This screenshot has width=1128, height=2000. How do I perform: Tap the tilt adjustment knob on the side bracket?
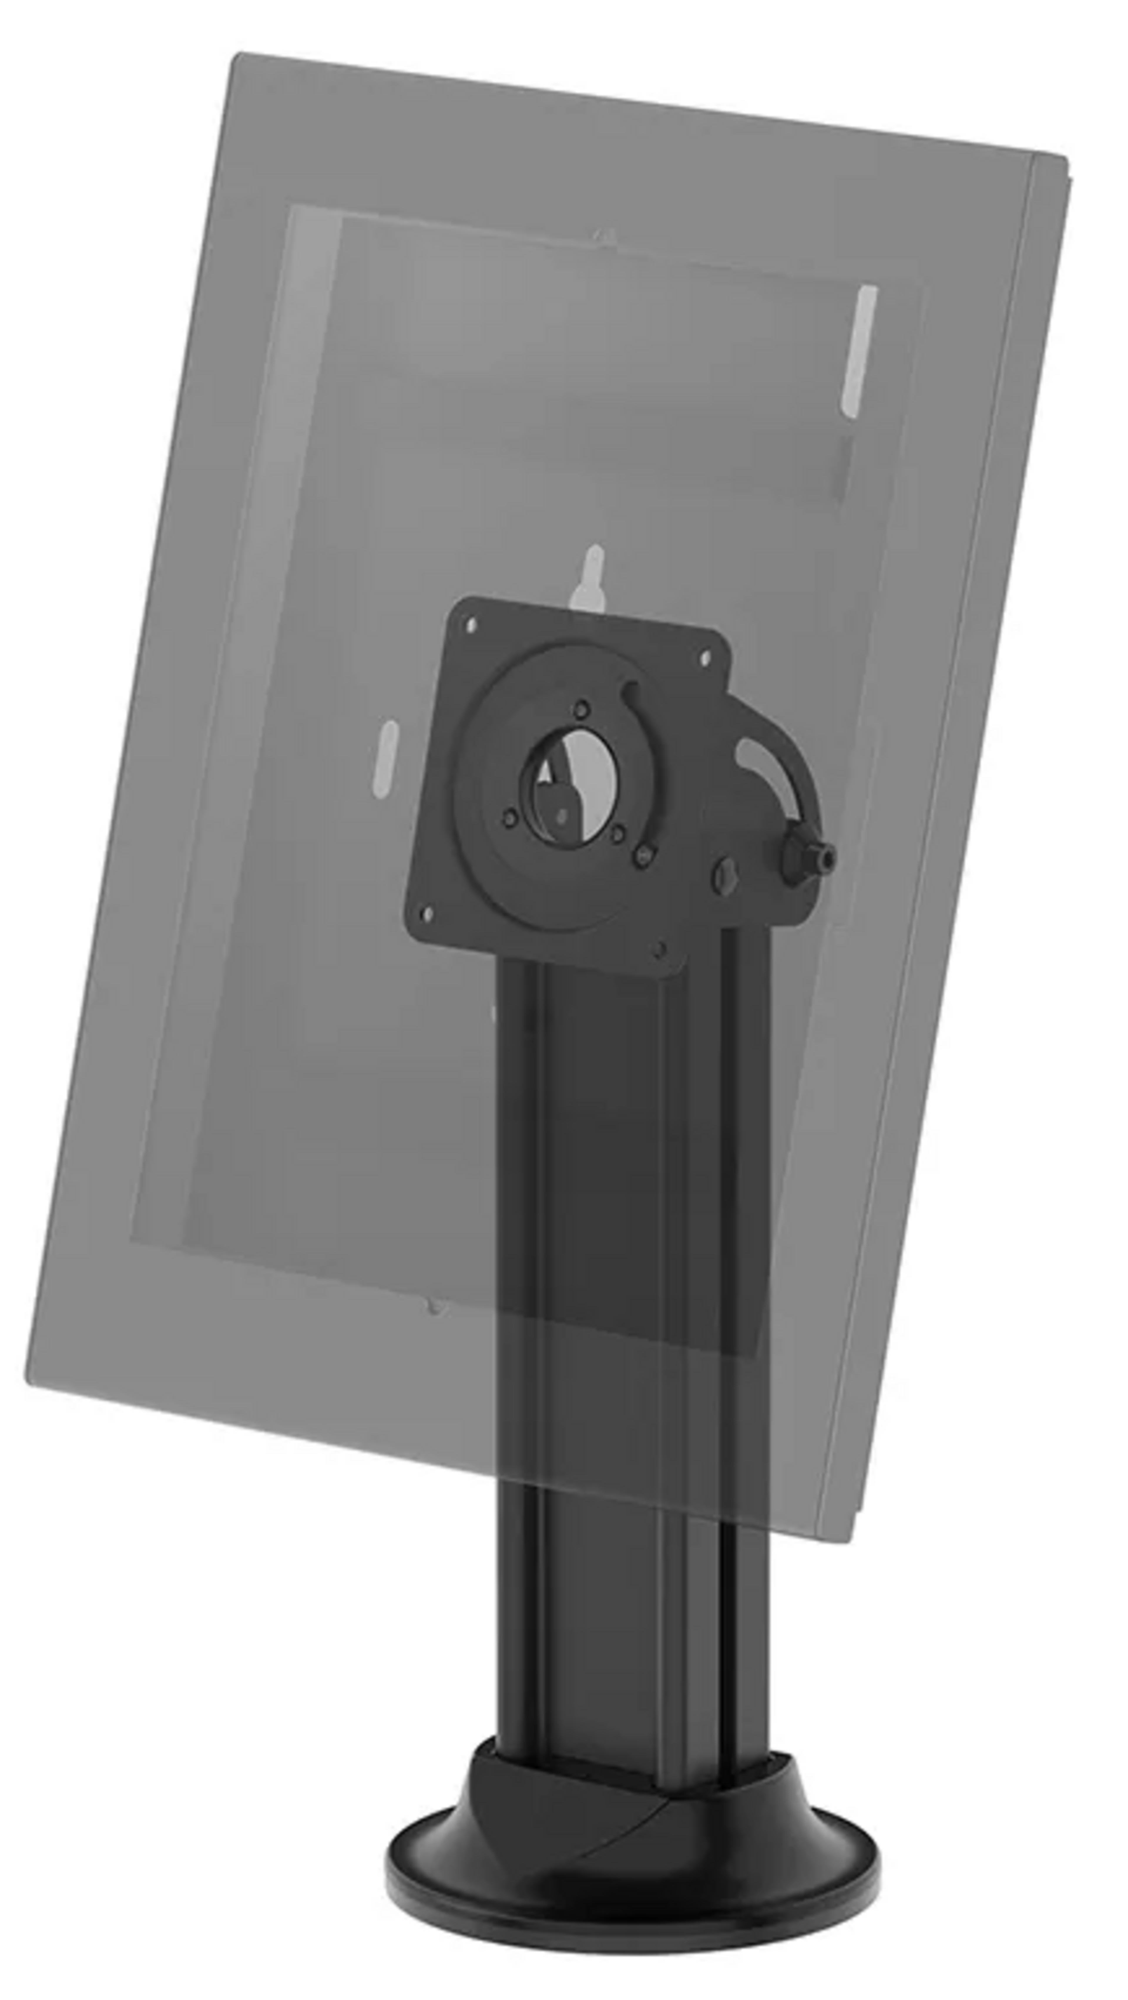pyautogui.click(x=808, y=856)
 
